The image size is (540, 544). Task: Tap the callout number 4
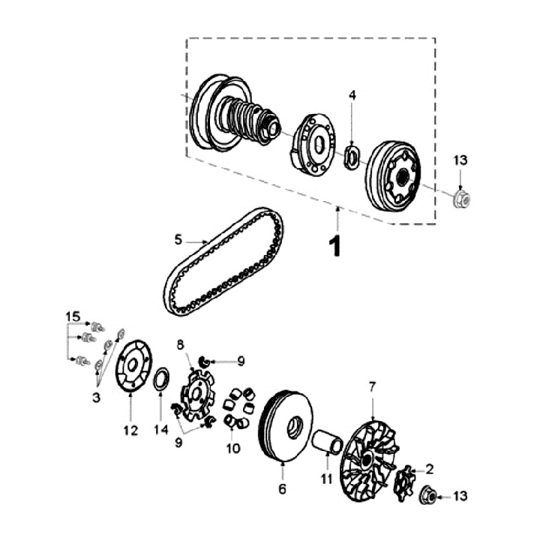[352, 95]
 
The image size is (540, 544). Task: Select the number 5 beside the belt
[178, 239]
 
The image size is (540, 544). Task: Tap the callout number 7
[372, 386]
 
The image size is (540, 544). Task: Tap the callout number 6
[283, 489]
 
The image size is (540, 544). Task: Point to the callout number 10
[233, 449]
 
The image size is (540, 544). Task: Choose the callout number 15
[72, 317]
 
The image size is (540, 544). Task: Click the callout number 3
[96, 398]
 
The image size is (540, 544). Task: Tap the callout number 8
[180, 344]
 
